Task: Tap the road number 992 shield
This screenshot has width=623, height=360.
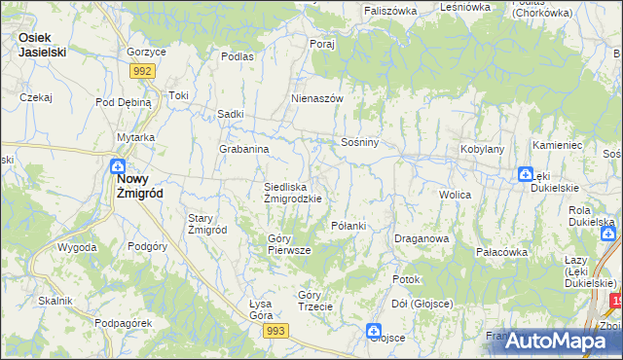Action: point(143,71)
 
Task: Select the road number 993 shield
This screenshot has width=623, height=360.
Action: point(275,332)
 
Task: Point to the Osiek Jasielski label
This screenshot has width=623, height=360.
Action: point(42,45)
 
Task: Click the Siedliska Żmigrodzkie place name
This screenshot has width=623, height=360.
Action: point(293,192)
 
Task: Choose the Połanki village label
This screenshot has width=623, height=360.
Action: point(348,226)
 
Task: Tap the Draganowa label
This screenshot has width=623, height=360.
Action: point(421,238)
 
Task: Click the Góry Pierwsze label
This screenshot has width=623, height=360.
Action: point(289,243)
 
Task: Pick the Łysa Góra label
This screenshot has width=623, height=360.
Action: point(254,309)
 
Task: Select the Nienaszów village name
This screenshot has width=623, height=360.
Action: point(317,99)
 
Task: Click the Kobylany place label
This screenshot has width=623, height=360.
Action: point(482,150)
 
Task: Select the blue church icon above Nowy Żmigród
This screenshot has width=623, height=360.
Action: point(117,166)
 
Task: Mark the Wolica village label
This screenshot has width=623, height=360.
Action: point(455,196)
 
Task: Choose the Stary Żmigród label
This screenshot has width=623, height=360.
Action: point(207,224)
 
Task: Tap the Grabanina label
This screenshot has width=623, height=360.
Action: point(243,150)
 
